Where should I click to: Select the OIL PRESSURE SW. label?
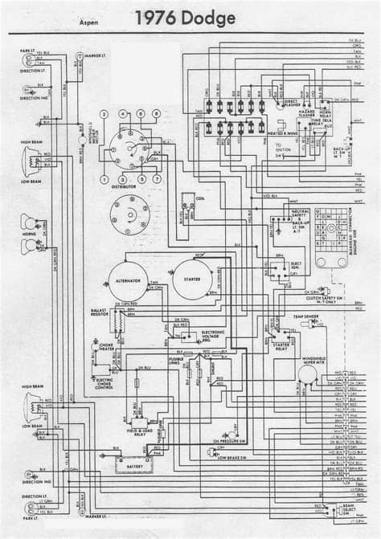pos(229,441)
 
